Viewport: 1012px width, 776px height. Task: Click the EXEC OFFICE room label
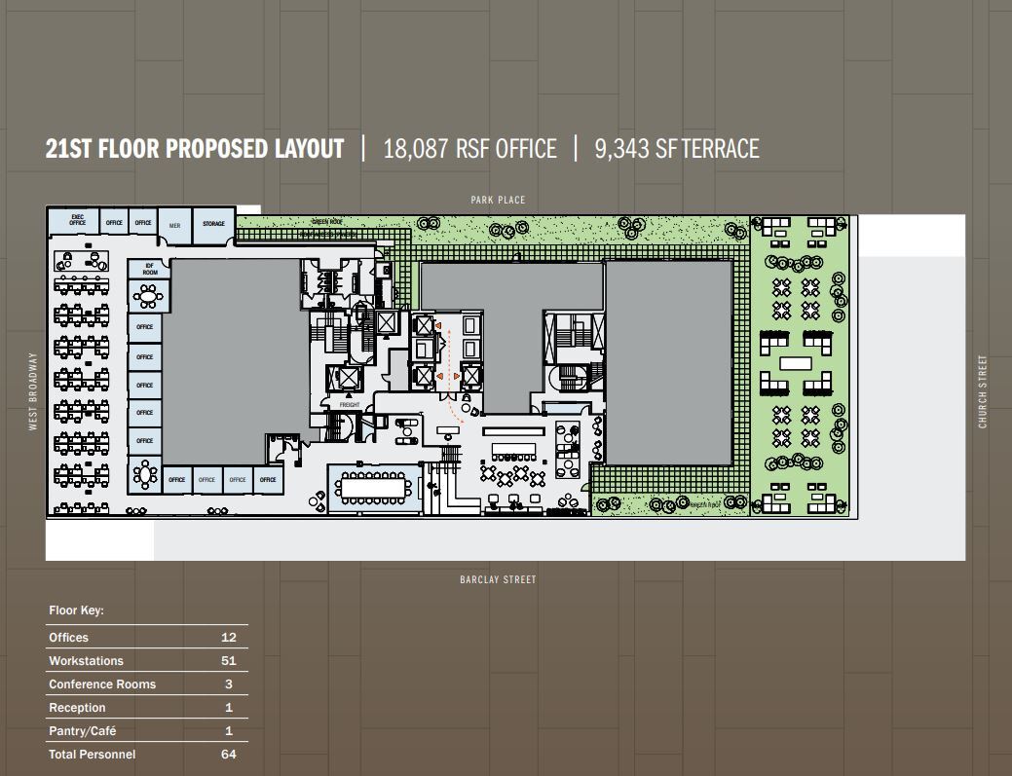pyautogui.click(x=77, y=221)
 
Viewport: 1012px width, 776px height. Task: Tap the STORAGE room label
pyautogui.click(x=213, y=224)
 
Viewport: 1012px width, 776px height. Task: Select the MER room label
pyautogui.click(x=174, y=225)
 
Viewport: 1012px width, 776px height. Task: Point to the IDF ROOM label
pyautogui.click(x=150, y=270)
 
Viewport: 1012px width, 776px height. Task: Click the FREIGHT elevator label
pyautogui.click(x=350, y=404)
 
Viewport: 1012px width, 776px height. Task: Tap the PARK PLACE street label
pyautogui.click(x=498, y=200)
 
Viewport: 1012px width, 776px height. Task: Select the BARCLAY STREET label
pyautogui.click(x=498, y=579)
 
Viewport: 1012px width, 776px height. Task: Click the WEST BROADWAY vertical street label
pyautogui.click(x=32, y=391)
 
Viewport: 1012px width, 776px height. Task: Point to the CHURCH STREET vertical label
pyautogui.click(x=983, y=391)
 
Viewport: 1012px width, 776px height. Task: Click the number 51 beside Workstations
pyautogui.click(x=228, y=661)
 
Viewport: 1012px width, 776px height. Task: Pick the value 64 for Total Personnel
pyautogui.click(x=228, y=755)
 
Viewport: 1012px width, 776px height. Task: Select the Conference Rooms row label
pyautogui.click(x=102, y=684)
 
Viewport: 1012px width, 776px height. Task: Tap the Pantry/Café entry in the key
pyautogui.click(x=83, y=731)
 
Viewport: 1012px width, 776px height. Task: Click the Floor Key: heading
pyautogui.click(x=76, y=611)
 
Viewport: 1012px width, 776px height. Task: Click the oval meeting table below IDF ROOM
pyautogui.click(x=146, y=476)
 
